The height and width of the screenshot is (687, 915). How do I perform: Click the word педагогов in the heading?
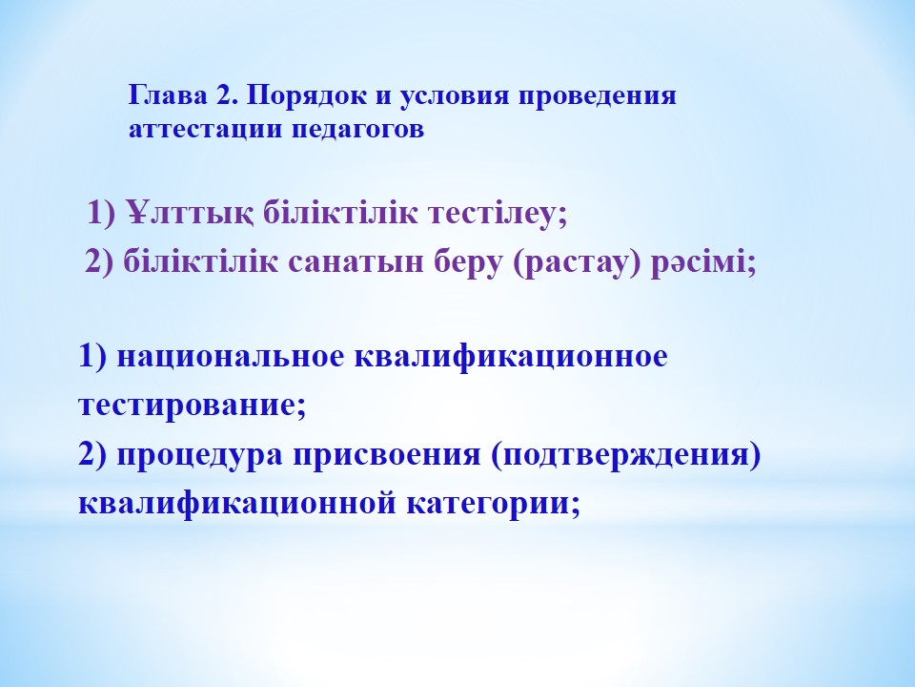[357, 130]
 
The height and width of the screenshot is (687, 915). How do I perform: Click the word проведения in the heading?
[598, 96]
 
